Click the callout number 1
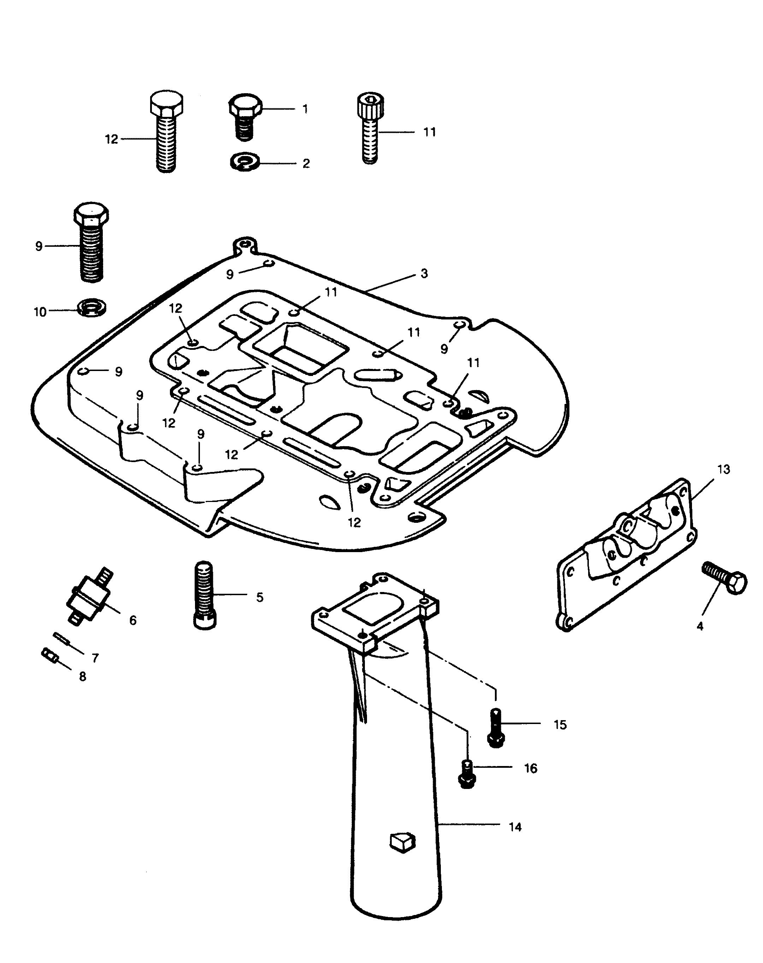305,109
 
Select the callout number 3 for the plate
424,273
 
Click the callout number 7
95,658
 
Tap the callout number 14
515,827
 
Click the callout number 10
40,312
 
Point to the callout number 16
530,769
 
